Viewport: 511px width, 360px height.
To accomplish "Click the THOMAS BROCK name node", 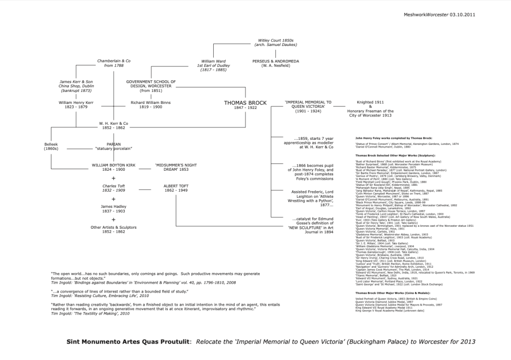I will click(245, 104).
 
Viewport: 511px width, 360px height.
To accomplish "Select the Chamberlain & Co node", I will click(113, 63).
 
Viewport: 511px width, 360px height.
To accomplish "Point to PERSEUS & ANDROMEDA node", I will click(276, 63).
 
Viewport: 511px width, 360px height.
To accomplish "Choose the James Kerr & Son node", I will click(76, 86).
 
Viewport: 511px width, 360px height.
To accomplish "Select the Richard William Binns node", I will click(143, 104).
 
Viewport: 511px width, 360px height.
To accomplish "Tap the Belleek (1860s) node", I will click(51, 146).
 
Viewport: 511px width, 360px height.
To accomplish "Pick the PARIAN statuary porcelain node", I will click(114, 146).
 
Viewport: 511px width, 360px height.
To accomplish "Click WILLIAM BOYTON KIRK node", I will click(114, 167).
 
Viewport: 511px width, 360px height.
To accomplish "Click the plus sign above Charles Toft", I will click(114, 178).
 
